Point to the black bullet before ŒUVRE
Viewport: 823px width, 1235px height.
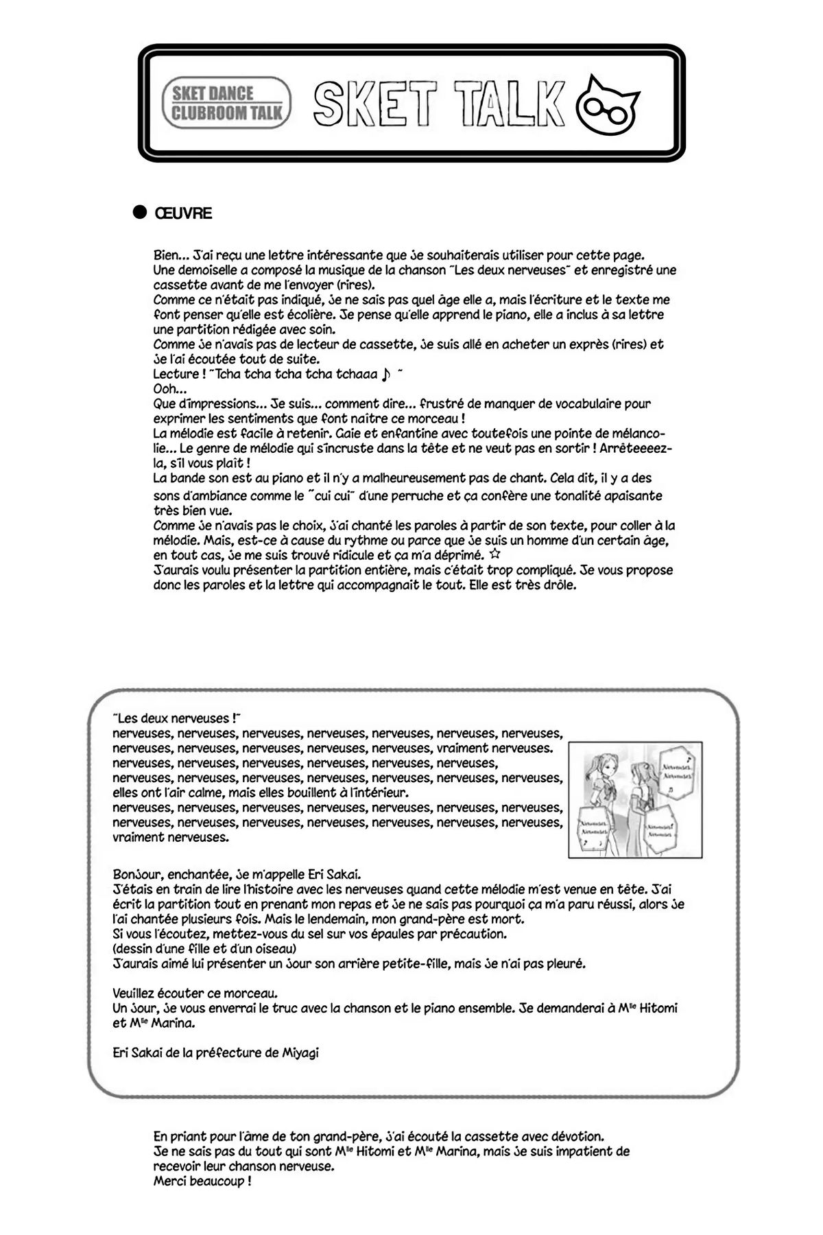point(140,213)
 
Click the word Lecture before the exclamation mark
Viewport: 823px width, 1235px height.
point(176,375)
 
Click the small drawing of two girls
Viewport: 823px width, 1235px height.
point(635,799)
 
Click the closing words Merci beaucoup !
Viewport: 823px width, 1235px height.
point(202,1181)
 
